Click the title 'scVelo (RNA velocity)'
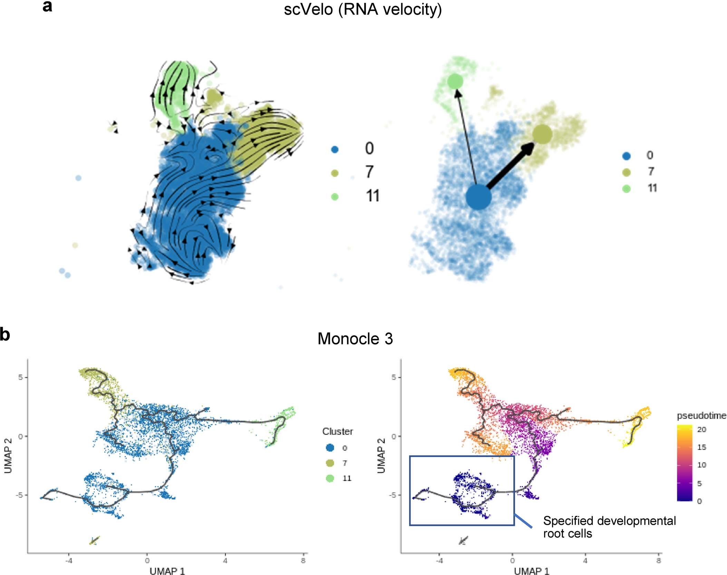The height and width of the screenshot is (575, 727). pyautogui.click(x=362, y=10)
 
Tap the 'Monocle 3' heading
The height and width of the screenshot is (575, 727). pyautogui.click(x=355, y=339)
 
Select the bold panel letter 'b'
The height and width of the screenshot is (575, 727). pyautogui.click(x=5, y=334)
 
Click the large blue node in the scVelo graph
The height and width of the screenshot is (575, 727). pyautogui.click(x=478, y=197)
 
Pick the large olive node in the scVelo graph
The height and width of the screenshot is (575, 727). pyautogui.click(x=542, y=134)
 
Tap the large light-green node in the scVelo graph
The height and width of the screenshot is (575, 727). pyautogui.click(x=455, y=81)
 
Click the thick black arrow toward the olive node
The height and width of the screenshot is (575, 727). pyautogui.click(x=511, y=165)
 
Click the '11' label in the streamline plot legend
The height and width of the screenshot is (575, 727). pyautogui.click(x=372, y=196)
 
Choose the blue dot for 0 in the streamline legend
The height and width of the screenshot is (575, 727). pyautogui.click(x=335, y=149)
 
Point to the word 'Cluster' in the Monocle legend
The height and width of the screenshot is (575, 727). pyautogui.click(x=337, y=431)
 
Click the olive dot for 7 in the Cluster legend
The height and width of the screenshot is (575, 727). pyautogui.click(x=330, y=463)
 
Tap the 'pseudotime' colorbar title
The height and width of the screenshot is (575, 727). pyautogui.click(x=701, y=416)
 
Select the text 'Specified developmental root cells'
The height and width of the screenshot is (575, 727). pyautogui.click(x=609, y=527)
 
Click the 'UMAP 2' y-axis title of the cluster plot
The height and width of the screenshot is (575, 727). pyautogui.click(x=8, y=456)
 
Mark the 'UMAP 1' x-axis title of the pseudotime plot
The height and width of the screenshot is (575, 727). pyautogui.click(x=531, y=571)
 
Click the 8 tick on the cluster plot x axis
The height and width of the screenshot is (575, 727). pyautogui.click(x=303, y=561)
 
